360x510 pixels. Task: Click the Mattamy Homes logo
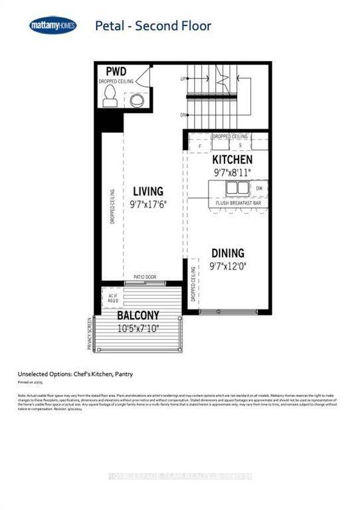[x=52, y=26]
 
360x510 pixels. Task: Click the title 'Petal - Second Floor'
[x=153, y=27]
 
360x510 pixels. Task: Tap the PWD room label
[x=116, y=71]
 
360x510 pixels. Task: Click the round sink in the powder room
[x=136, y=100]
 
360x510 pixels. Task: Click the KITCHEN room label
[x=232, y=160]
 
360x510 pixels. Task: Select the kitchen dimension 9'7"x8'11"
[x=232, y=173]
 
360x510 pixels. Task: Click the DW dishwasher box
[x=258, y=188]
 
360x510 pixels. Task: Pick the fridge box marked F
[x=200, y=144]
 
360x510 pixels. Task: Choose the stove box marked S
[x=240, y=144]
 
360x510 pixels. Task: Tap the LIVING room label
[x=148, y=191]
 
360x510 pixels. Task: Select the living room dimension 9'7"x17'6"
[x=148, y=204]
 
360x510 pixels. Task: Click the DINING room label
[x=228, y=253]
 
